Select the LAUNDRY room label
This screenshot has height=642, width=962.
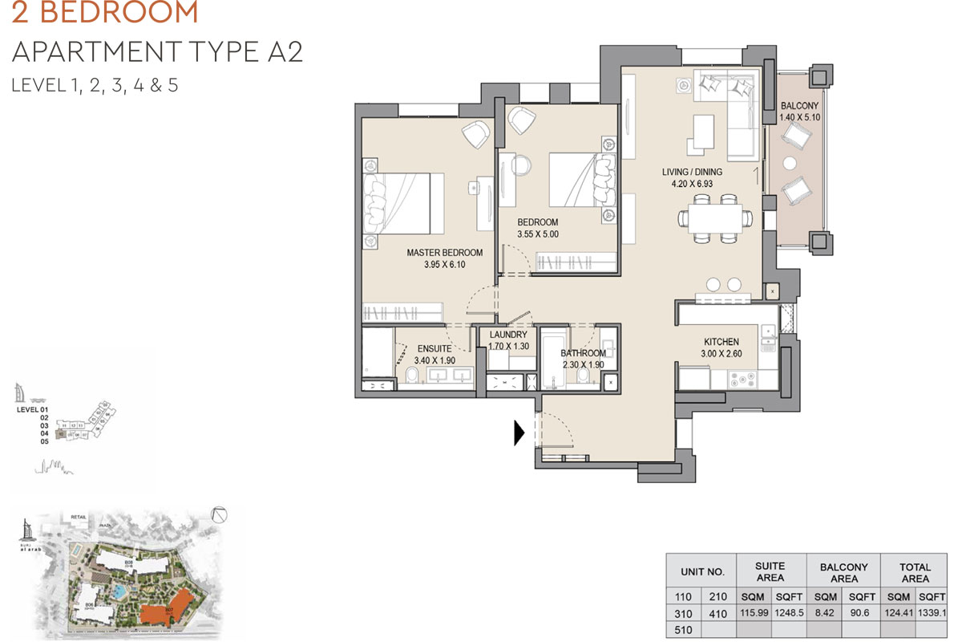(507, 335)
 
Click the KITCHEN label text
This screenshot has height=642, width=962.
(721, 342)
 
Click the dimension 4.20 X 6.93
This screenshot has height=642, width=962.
(692, 185)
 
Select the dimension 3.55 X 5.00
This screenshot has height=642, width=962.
(537, 235)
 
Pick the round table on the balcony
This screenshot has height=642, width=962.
(790, 164)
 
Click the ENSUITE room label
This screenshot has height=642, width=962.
(433, 349)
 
